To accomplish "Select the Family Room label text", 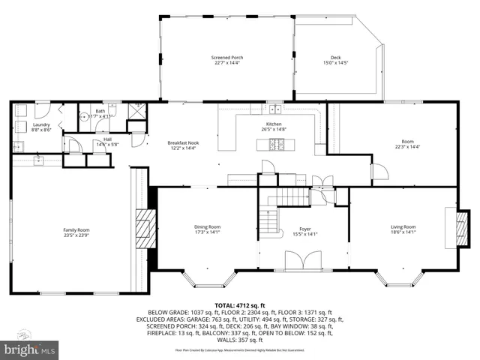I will pyautogui.click(x=76, y=230).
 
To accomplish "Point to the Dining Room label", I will pyautogui.click(x=208, y=226).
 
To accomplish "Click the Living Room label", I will pyautogui.click(x=403, y=226).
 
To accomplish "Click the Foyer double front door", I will pyautogui.click(x=304, y=261).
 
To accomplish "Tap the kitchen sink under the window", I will pyautogui.click(x=274, y=111).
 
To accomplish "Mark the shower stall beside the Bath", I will pyautogui.click(x=136, y=112).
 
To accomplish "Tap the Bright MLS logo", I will pyautogui.click(x=29, y=350).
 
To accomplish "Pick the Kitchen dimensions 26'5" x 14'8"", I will pyautogui.click(x=274, y=130).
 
